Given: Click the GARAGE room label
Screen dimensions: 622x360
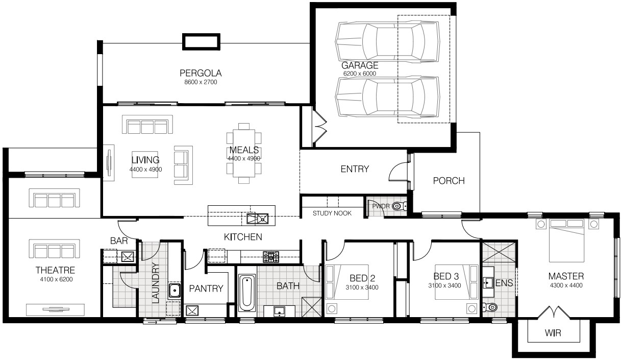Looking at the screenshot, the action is point(360,65).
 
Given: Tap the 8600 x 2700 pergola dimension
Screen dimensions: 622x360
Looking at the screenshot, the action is point(201,82).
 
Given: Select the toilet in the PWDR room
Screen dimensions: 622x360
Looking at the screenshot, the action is point(399,206).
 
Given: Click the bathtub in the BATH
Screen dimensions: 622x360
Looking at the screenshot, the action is point(247,293).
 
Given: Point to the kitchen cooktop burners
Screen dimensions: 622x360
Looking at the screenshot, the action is point(271,257).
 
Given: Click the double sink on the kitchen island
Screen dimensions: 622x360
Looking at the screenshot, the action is point(257,219).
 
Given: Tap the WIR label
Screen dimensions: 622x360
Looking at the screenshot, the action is point(553,333).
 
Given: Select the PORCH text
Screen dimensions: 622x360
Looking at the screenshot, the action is point(449,181).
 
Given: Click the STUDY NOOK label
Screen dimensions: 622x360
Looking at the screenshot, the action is point(332,213).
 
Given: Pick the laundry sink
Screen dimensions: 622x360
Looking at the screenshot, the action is point(175,291).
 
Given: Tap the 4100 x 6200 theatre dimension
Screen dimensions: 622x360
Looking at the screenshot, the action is point(56,279).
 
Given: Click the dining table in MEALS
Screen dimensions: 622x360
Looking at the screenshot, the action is point(244,153).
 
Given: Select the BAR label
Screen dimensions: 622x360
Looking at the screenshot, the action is point(119,241).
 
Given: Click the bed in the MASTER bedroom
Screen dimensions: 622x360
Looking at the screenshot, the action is point(567,241).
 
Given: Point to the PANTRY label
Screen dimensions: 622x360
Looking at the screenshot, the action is point(206,289).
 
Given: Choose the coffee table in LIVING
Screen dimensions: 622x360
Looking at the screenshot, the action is point(145,164).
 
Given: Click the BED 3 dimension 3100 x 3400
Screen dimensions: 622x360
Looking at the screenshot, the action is point(444,285).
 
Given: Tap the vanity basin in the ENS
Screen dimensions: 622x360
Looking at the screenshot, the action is point(488,282).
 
